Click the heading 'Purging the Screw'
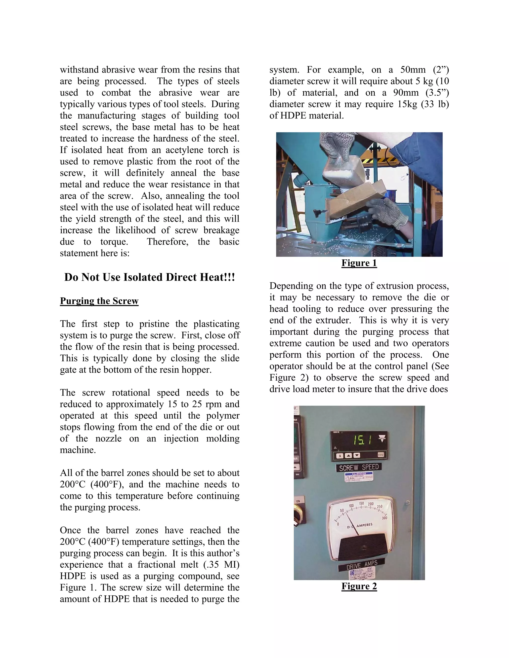tap(99, 301)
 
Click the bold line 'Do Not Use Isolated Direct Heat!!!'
tap(149, 277)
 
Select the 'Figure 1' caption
tap(359, 263)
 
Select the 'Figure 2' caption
tap(359, 586)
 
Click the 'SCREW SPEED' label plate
tap(359, 468)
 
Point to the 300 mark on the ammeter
tap(384, 518)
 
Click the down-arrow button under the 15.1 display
tap(356, 456)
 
